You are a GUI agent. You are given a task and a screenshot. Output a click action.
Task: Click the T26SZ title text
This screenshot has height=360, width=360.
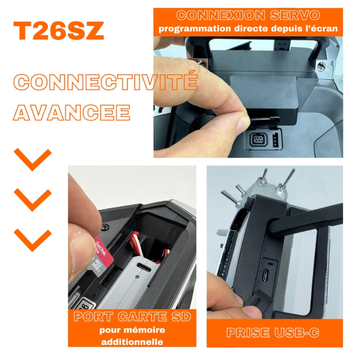(58, 31)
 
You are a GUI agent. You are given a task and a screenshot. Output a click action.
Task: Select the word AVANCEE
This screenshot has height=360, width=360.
(72, 112)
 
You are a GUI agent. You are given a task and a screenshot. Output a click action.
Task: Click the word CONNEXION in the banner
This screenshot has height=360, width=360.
(220, 15)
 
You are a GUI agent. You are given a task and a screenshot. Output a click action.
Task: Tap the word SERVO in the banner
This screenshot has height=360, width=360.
(295, 15)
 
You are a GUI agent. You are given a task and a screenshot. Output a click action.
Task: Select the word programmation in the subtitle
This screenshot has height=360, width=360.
(195, 29)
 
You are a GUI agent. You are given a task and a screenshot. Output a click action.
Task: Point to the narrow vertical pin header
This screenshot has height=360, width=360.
(275, 140)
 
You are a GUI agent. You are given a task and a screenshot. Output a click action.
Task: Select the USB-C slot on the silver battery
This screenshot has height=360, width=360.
(144, 267)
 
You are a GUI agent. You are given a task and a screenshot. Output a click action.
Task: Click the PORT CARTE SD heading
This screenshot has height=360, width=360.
(132, 317)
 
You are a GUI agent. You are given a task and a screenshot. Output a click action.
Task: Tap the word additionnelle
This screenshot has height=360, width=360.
(132, 342)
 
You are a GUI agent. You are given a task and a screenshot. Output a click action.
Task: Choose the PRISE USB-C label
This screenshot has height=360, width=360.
(273, 333)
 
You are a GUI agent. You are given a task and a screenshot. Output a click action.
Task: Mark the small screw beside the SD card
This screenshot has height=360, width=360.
(105, 227)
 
